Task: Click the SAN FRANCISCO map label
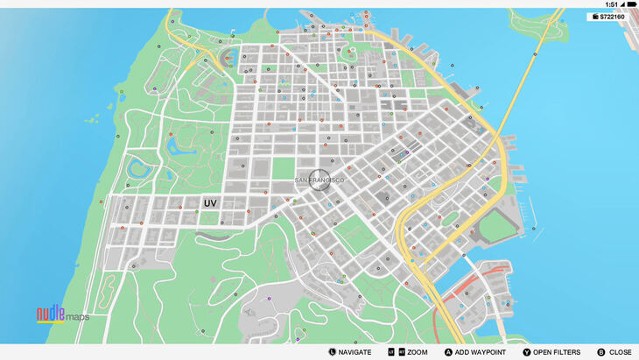pos(319,180)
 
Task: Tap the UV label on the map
pos(210,203)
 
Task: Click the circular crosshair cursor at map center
pos(319,180)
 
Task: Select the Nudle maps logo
pos(62,314)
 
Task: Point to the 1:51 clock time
pos(611,4)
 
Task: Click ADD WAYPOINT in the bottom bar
pos(475,351)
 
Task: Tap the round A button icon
pos(448,351)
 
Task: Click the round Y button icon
pos(527,351)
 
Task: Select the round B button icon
pos(601,351)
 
